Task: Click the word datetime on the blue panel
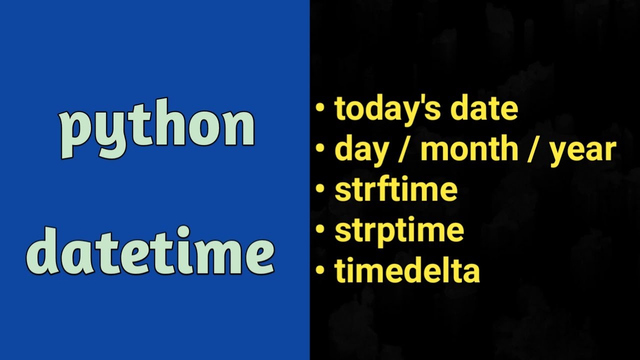pyautogui.click(x=150, y=251)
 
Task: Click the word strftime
pyautogui.click(x=396, y=189)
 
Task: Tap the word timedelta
pyautogui.click(x=407, y=270)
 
